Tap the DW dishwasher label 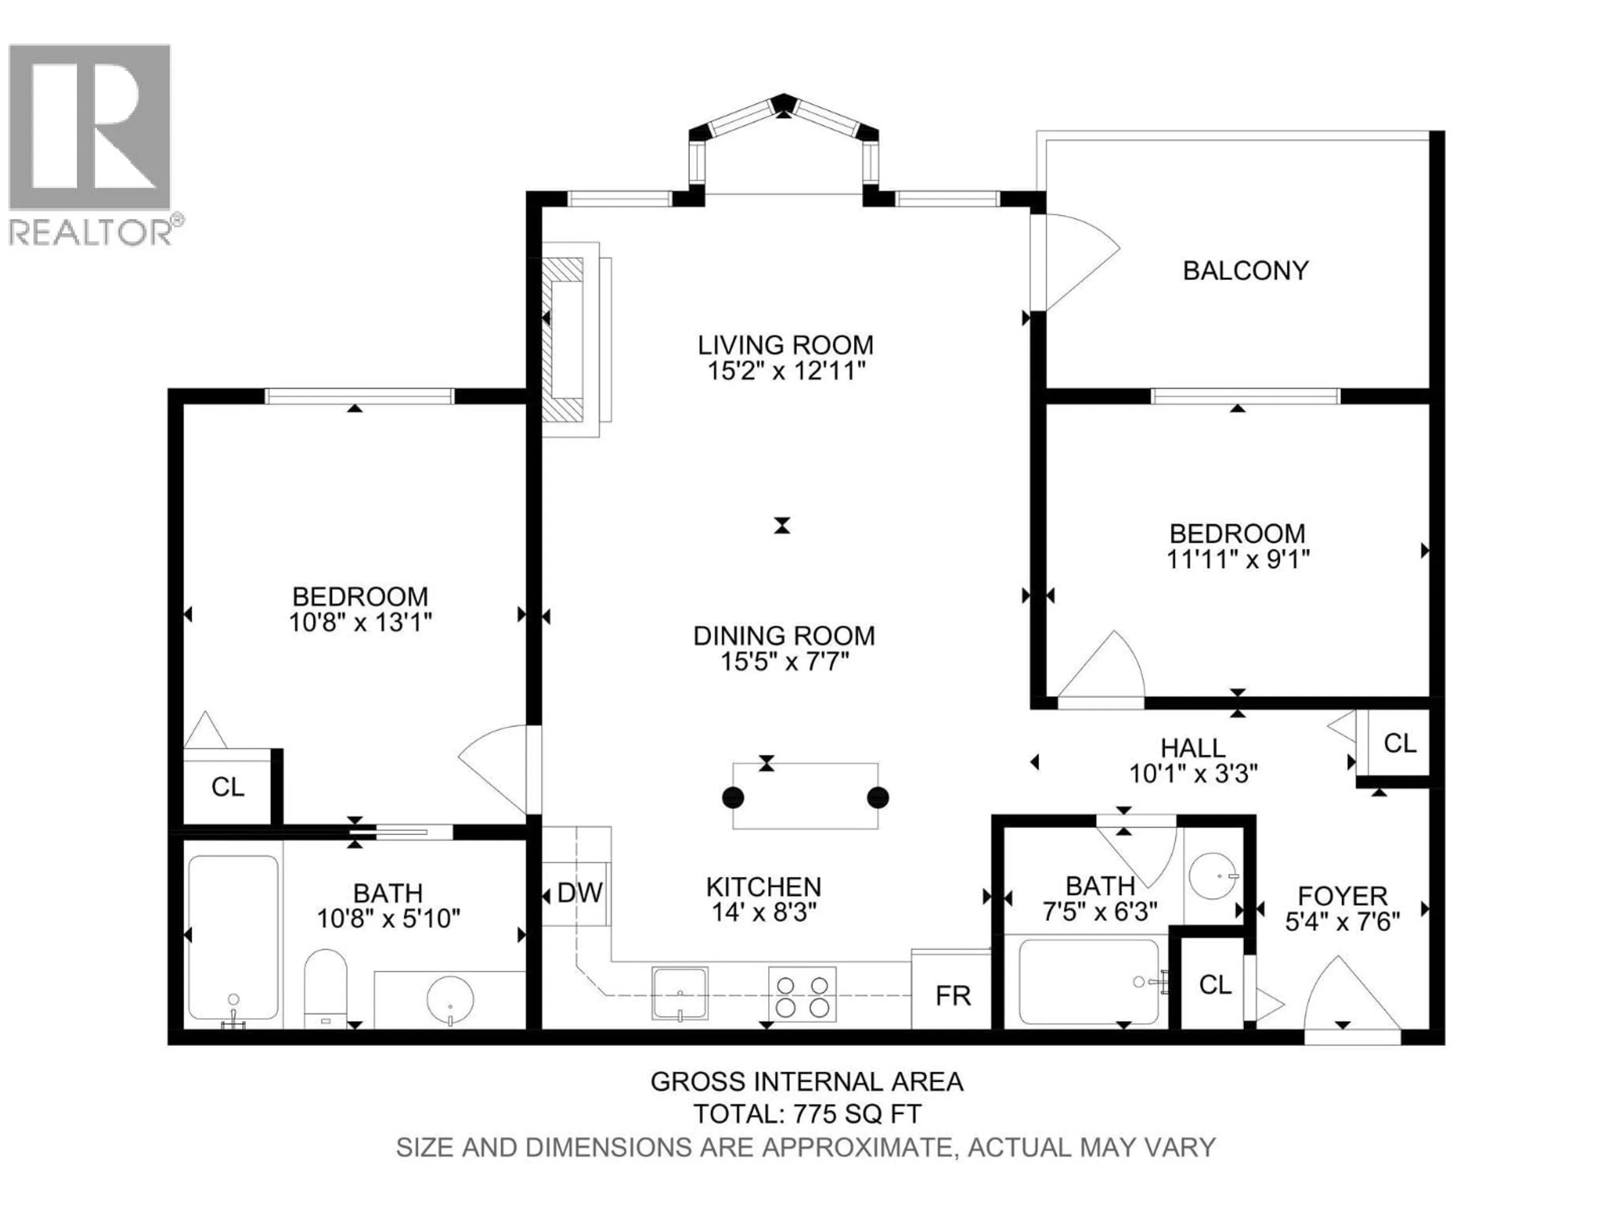(580, 892)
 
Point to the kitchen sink (680, 993)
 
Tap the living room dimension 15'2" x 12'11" (786, 371)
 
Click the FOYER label (1342, 896)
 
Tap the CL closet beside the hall (1400, 743)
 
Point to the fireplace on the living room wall (568, 339)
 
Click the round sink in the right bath (1213, 875)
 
